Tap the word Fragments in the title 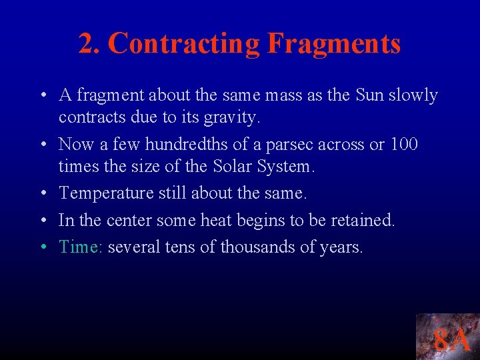[x=334, y=43]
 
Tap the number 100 [x=403, y=144]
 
